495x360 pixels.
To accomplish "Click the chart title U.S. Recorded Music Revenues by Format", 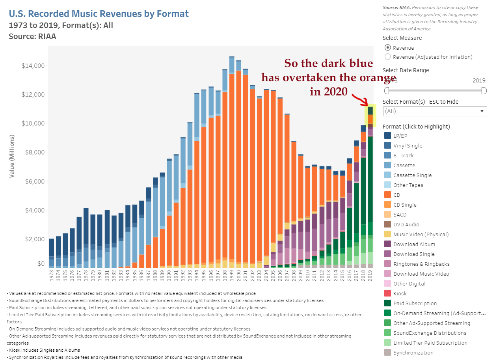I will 99,14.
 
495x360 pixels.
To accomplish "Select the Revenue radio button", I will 388,48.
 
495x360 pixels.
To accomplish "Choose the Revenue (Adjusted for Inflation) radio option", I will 388,57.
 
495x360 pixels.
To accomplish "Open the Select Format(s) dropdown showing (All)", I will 435,111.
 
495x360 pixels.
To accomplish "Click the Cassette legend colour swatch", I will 388,165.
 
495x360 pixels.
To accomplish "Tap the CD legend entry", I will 396,195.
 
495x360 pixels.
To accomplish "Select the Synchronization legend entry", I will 413,353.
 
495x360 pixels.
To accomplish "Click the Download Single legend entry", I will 414,254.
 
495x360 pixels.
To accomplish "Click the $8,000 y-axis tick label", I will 35,153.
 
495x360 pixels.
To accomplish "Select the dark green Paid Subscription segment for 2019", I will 370,177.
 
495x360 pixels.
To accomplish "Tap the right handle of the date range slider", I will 484,91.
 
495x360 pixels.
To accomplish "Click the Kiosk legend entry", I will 400,293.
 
